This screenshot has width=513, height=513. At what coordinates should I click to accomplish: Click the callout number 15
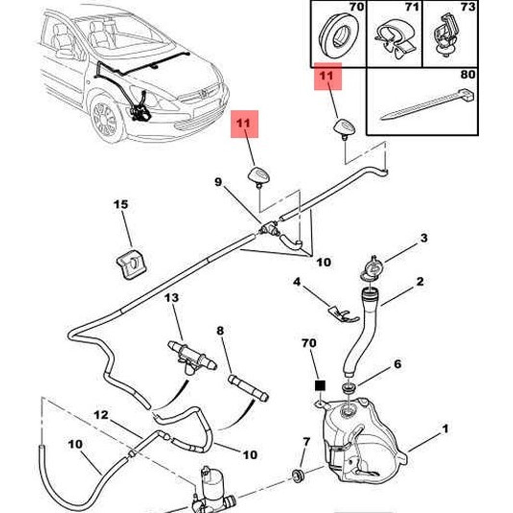pyautogui.click(x=121, y=204)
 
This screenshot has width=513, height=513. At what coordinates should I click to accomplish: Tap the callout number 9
pyautogui.click(x=218, y=182)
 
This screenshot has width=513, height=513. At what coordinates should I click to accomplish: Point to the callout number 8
pyautogui.click(x=220, y=330)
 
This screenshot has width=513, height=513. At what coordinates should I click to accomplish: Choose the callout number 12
pyautogui.click(x=101, y=415)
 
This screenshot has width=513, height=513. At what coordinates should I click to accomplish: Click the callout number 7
pyautogui.click(x=306, y=442)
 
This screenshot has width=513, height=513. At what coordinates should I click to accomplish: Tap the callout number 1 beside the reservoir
pyautogui.click(x=445, y=429)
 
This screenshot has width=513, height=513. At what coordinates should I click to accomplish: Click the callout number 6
pyautogui.click(x=397, y=364)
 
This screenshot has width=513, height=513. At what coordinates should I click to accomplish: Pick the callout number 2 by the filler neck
pyautogui.click(x=420, y=281)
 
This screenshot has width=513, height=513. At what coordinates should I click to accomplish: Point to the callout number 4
pyautogui.click(x=297, y=282)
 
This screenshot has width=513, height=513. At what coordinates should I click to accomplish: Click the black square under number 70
pyautogui.click(x=320, y=385)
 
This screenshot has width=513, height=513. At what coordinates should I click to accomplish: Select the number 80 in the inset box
pyautogui.click(x=467, y=75)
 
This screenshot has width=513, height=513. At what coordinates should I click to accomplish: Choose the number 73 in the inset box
pyautogui.click(x=467, y=7)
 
